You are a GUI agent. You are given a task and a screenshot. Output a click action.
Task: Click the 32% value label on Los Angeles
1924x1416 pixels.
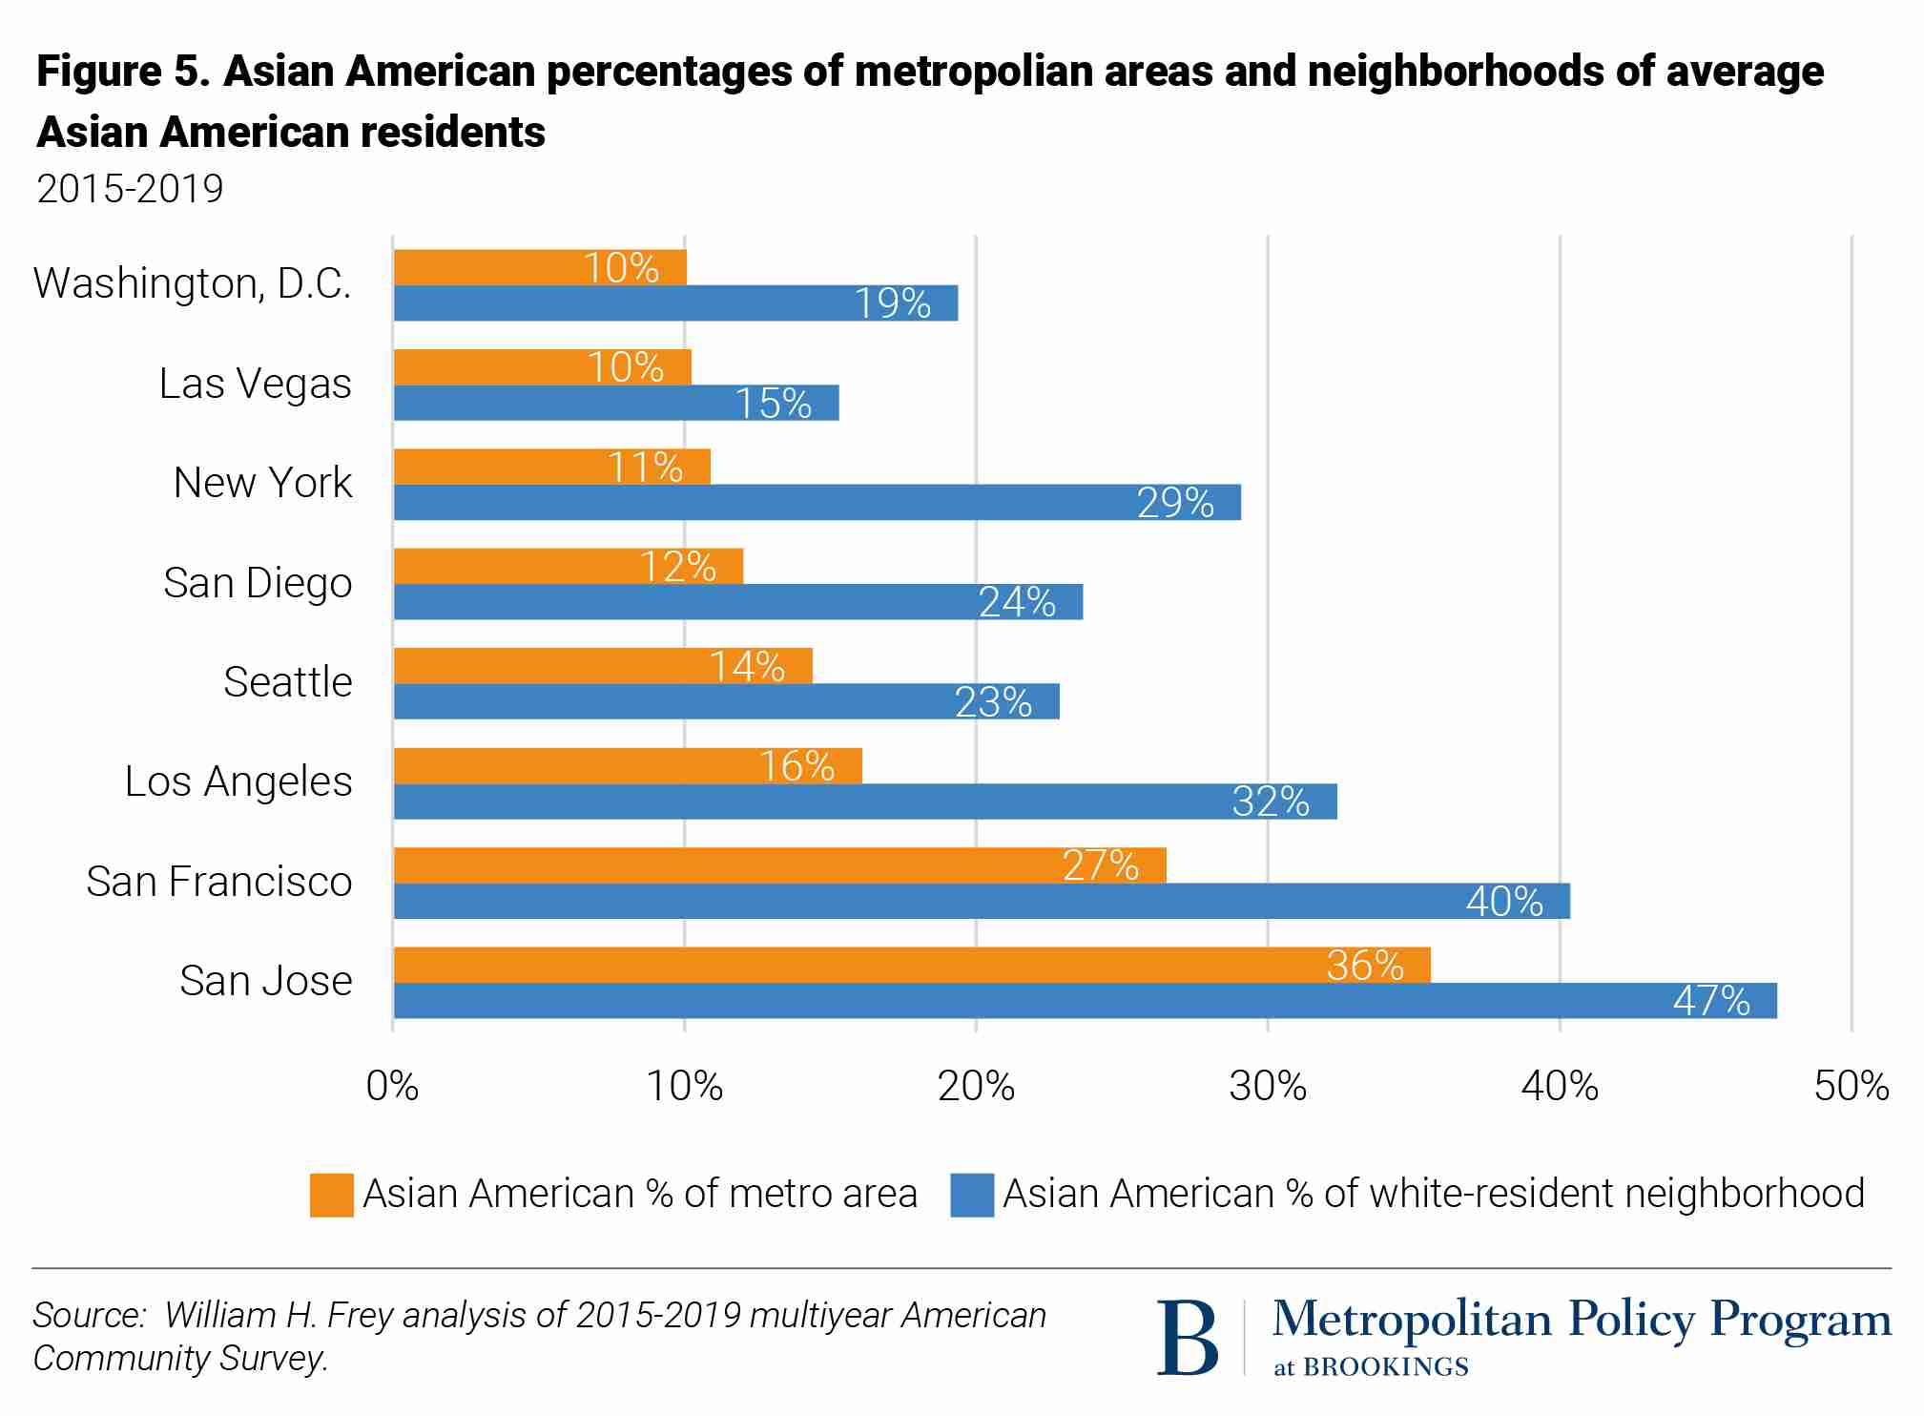click(1270, 802)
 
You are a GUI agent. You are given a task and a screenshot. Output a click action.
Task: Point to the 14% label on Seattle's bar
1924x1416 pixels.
click(747, 666)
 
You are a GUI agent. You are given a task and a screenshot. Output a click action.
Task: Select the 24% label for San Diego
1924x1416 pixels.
click(1017, 602)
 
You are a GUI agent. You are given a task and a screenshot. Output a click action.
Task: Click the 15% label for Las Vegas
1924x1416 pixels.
click(773, 403)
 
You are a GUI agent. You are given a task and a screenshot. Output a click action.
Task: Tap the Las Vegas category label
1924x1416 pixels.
click(255, 384)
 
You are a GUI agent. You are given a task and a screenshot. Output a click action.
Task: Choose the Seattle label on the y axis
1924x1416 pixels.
click(287, 682)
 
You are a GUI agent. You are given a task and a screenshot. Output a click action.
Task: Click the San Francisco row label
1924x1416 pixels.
click(218, 882)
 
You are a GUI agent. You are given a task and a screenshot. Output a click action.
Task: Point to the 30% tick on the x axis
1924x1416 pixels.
click(1268, 1086)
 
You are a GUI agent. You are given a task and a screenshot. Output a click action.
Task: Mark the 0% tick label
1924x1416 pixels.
click(392, 1086)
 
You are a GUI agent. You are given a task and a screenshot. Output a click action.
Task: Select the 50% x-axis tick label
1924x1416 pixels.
click(1851, 1086)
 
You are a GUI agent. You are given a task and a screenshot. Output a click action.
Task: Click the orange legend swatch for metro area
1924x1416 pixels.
click(331, 1195)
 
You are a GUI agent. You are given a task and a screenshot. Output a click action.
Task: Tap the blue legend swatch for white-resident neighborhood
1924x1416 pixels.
click(971, 1195)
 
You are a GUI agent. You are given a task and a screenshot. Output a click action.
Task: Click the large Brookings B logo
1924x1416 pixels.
click(1188, 1337)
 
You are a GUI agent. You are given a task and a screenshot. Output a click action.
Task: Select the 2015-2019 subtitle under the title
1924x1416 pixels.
click(130, 189)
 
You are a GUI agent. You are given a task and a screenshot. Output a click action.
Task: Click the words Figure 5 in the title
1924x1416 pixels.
click(122, 72)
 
